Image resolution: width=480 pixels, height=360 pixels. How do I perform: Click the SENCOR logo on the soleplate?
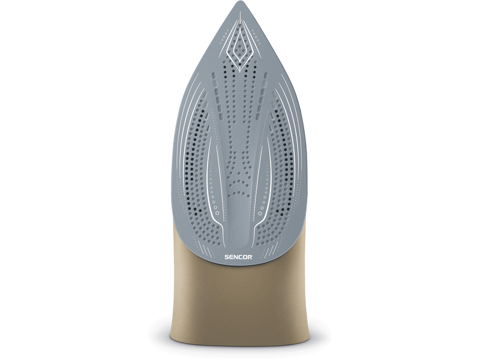[x=239, y=257]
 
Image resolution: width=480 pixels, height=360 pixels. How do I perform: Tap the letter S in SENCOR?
[x=227, y=257]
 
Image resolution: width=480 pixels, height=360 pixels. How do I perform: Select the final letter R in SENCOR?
[x=250, y=257]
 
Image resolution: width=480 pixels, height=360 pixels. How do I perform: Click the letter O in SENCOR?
[x=245, y=257]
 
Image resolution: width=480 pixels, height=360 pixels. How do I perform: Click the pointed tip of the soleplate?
[x=239, y=2]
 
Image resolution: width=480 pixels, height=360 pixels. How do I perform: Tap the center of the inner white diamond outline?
[x=239, y=50]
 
